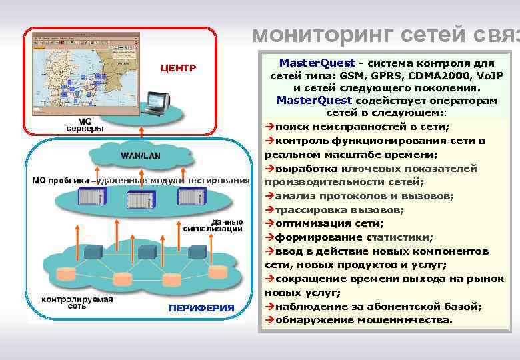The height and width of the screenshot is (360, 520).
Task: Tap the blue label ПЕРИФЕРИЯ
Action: coord(201,307)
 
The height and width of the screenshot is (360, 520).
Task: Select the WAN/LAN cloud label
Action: coord(140,155)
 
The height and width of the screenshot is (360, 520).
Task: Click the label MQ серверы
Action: coord(85,125)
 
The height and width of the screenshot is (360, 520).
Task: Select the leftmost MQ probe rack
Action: coord(91,197)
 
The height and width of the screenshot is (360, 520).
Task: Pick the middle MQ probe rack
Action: coord(141,198)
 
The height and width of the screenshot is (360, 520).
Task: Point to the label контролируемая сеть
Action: coord(77,303)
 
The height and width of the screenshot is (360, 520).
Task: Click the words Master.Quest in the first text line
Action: coord(317,63)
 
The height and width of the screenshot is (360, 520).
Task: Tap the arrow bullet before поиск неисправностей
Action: coord(269,127)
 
